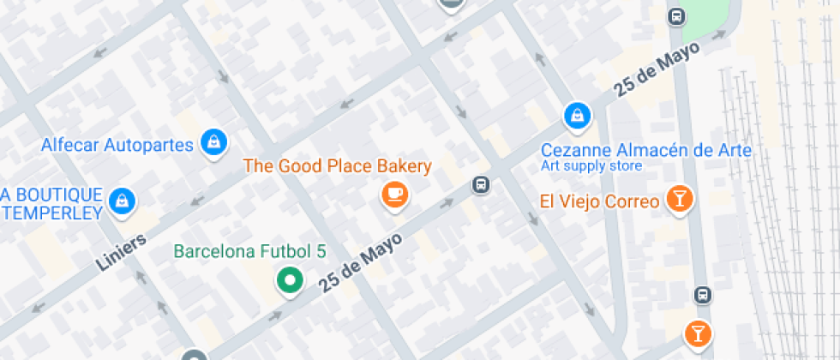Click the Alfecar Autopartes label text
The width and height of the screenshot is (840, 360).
pos(117,144)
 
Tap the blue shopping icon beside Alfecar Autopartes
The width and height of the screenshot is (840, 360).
pos(212,142)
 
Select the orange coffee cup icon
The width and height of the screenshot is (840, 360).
pos(394,195)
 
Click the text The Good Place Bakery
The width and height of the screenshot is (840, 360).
pos(338,165)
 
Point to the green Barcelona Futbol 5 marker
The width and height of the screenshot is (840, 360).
pos(290,280)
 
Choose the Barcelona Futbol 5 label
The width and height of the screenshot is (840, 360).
pos(250,252)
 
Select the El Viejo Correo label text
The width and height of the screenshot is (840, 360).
pos(599,202)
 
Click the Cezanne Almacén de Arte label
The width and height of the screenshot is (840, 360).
pos(645,150)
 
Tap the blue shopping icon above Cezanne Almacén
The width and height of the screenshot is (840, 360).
pos(577,115)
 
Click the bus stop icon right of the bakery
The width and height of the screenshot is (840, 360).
pos(481,184)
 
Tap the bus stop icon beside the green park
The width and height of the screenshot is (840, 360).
pos(677,15)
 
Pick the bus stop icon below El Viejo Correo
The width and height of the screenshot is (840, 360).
pos(702,295)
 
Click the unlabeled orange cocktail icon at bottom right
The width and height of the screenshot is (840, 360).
pos(698,333)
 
